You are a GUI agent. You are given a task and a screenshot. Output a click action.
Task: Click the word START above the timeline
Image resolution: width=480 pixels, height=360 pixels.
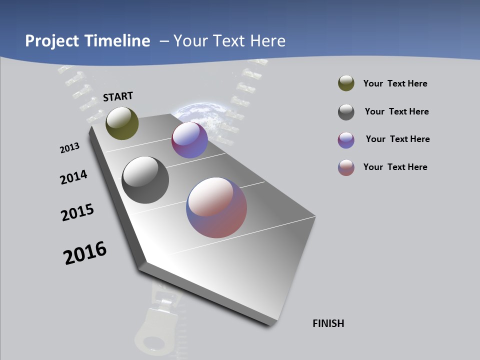point(118,96)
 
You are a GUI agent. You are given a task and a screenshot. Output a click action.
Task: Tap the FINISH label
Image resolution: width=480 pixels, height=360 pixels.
point(328,323)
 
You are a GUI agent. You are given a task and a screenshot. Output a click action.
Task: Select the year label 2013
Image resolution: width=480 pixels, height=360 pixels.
point(69,148)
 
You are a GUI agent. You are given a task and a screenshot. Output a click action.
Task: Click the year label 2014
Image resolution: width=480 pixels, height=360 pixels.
point(73,177)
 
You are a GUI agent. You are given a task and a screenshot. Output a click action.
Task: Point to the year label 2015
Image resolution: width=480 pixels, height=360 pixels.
point(77,212)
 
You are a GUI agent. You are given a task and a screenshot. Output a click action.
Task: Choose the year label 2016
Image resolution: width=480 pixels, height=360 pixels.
point(85,253)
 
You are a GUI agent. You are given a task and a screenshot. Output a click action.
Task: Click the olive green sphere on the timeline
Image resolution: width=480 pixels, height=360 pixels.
point(122,123)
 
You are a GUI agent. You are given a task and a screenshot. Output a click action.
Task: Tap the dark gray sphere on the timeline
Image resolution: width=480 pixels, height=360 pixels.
point(145,180)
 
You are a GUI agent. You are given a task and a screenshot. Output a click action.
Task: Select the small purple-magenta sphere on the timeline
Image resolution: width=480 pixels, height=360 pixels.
point(189,140)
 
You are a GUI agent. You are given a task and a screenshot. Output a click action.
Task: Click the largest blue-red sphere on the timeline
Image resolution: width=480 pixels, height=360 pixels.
point(216,207)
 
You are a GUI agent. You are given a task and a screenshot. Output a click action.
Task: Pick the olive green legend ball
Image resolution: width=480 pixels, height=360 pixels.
point(346,83)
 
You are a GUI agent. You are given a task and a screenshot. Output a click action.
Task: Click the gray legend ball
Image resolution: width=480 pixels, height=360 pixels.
point(346,112)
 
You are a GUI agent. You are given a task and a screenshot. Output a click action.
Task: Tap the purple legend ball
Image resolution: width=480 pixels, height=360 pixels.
point(346,140)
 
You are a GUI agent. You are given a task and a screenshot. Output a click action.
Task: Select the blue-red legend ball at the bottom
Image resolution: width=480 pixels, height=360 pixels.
point(346,167)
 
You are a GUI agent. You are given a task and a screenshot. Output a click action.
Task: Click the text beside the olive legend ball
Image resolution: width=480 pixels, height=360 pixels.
point(395,83)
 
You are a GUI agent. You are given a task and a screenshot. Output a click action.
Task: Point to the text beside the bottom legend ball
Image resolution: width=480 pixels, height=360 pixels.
point(395,167)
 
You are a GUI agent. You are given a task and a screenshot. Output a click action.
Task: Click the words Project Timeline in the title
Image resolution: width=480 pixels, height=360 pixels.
point(87,41)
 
